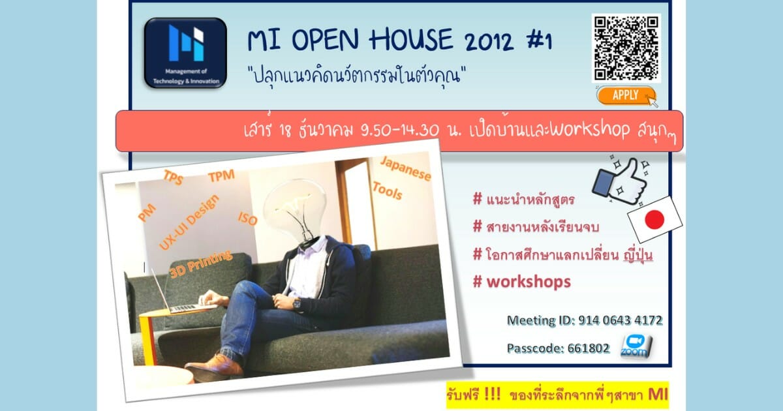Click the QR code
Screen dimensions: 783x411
tap(626, 48)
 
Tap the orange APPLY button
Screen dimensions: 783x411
tap(626, 95)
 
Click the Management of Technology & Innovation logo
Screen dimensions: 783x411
tap(185, 53)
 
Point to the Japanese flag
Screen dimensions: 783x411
tap(654, 219)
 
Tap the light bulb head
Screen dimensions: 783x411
tap(296, 210)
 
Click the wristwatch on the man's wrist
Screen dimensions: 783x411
tap(297, 304)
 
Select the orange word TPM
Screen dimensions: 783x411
tap(221, 176)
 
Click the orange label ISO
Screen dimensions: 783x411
tap(247, 219)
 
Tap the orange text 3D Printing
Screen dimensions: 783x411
tap(201, 264)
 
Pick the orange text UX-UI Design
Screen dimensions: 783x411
tap(189, 222)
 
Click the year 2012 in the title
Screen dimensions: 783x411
tap(489, 41)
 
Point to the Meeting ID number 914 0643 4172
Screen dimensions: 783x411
tap(621, 320)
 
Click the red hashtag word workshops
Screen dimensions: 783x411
tap(529, 282)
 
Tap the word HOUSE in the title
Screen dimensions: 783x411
tap(410, 39)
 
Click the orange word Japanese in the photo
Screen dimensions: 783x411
tap(406, 169)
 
